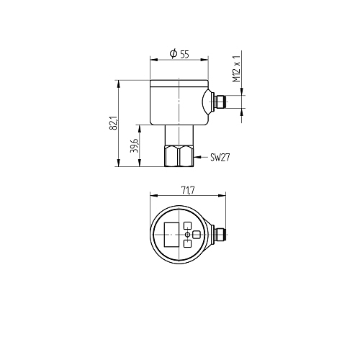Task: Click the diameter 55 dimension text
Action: point(179,54)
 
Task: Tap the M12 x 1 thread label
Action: point(237,68)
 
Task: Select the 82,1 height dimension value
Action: point(113,123)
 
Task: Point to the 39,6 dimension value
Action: point(134,145)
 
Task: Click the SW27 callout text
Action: point(220,158)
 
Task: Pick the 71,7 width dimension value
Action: point(188,191)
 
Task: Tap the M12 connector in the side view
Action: point(219,102)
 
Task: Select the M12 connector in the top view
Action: point(220,235)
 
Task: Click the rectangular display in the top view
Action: point(171,235)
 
